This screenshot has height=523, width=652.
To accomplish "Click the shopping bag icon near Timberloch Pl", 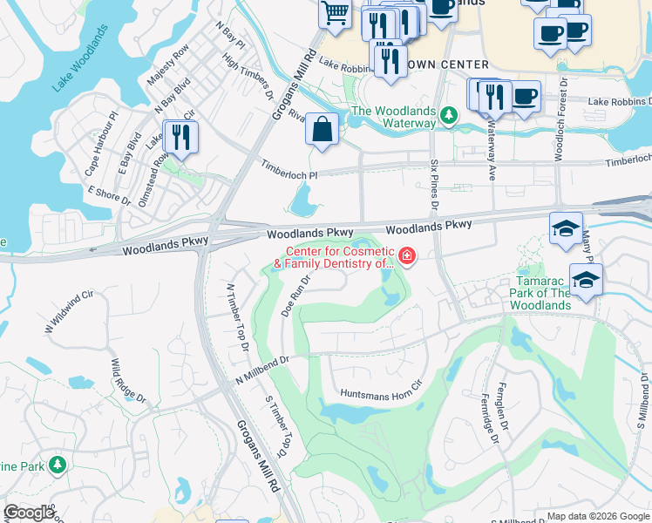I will click(x=323, y=130).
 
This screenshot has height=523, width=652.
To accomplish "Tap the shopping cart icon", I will click(x=335, y=14).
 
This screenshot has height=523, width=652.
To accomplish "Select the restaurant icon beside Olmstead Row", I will click(x=180, y=137).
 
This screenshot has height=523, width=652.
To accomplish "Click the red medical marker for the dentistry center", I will click(x=407, y=255).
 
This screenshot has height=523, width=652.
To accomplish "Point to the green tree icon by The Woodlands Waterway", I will click(x=448, y=114).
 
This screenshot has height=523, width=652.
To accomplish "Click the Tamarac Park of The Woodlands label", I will click(x=540, y=294).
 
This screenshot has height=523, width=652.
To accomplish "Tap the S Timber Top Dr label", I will click(x=275, y=425).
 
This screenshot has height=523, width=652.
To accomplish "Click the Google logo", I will click(x=29, y=513).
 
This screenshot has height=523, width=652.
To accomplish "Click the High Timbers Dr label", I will click(x=249, y=78).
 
